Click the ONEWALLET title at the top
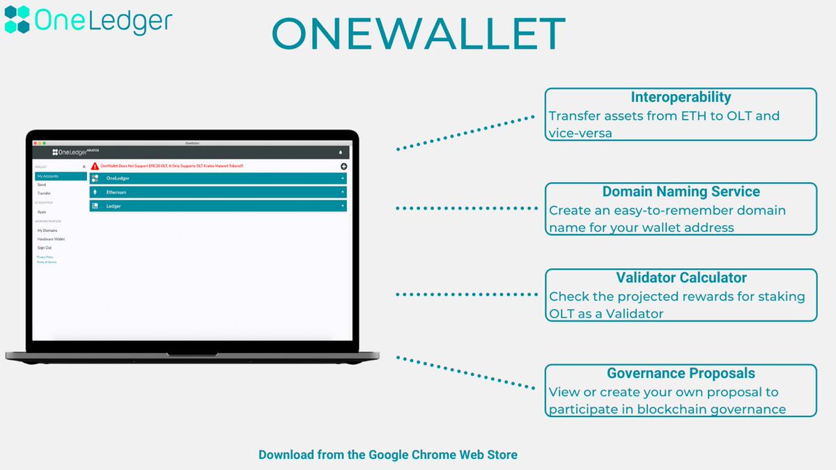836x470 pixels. coord(417,33)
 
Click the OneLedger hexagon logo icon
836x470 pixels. coord(17,19)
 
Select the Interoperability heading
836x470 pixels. coord(680,97)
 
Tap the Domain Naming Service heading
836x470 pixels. coord(681,191)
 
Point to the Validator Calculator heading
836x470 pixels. coord(681,278)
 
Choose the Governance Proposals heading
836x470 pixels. coord(681,373)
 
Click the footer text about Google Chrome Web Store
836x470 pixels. coord(388,455)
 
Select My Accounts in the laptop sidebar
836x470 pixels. coord(48,176)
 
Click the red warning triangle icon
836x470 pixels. coord(95,166)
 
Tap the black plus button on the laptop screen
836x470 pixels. coord(343,166)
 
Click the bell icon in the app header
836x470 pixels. coord(341,152)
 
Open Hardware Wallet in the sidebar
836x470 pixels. coord(50,239)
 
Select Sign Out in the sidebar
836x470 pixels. coord(44,247)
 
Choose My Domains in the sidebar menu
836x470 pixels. coord(47,230)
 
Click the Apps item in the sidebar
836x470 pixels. coord(41,212)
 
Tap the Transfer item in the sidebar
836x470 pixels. coord(44,193)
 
